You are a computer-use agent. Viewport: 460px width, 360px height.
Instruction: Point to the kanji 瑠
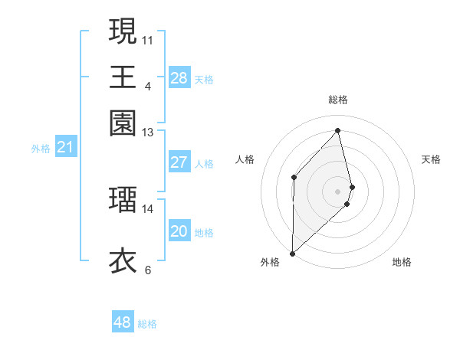point(123,199)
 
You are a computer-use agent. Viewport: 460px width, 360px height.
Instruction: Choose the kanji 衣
point(123,260)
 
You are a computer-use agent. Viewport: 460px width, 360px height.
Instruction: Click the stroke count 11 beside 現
point(148,39)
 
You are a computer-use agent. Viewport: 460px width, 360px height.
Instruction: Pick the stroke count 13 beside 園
point(148,132)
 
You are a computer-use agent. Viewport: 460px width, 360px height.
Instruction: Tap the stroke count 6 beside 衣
point(148,270)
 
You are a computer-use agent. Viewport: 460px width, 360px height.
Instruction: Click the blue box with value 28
point(179,77)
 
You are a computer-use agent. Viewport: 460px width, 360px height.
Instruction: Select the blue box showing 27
point(179,162)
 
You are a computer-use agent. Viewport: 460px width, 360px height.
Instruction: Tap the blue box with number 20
point(179,231)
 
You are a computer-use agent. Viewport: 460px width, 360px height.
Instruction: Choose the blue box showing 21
point(65,148)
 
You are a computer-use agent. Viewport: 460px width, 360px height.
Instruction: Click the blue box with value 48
point(123,322)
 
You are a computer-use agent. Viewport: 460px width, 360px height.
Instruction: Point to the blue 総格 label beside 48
point(147,324)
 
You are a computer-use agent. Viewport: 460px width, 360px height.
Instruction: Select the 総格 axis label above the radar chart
point(338,100)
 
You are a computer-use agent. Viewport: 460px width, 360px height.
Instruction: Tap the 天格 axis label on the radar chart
point(432,159)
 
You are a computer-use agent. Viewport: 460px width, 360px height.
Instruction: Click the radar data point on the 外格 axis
point(292,253)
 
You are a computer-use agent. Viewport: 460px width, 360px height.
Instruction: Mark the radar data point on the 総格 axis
point(338,130)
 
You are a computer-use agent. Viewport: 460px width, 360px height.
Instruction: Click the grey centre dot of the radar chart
point(338,190)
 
